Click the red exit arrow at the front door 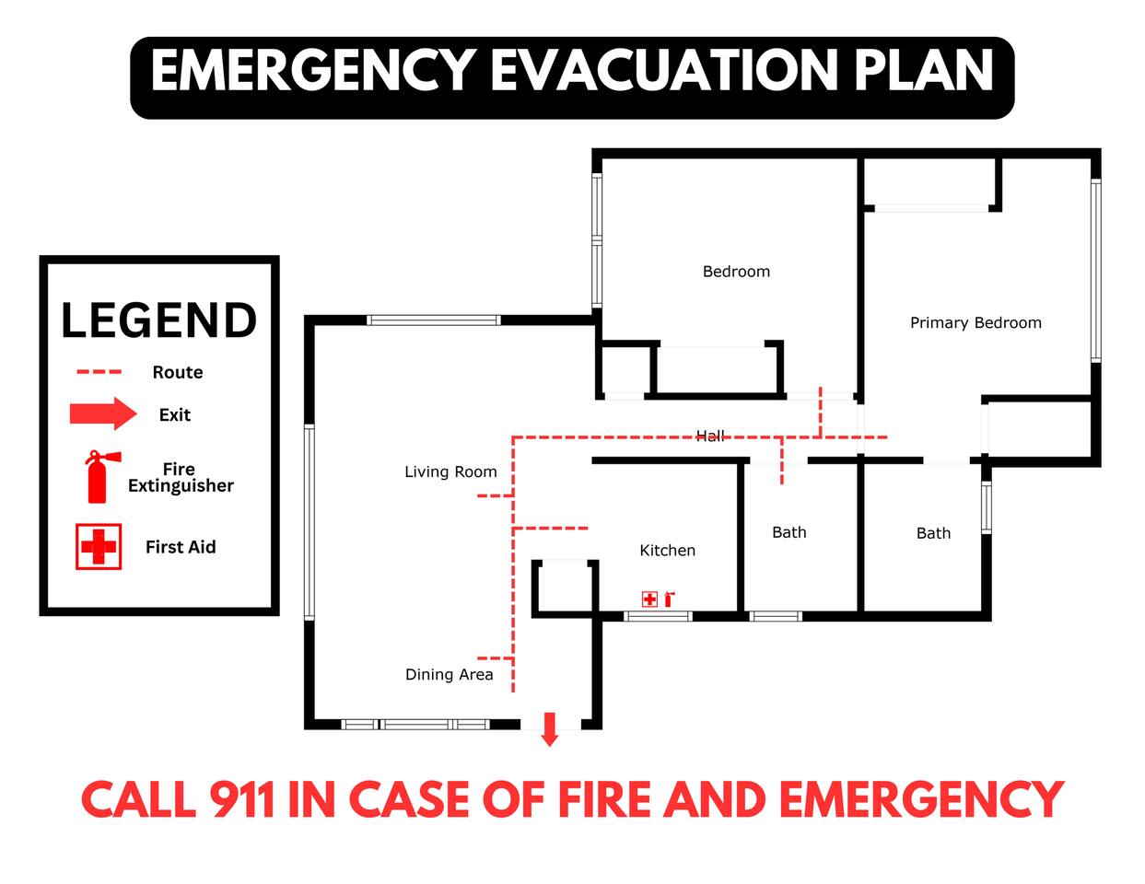(x=550, y=729)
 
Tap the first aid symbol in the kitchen (x=649, y=599)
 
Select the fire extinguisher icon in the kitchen (x=669, y=599)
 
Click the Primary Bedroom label (x=976, y=322)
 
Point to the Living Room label (x=450, y=471)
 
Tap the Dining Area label (x=449, y=674)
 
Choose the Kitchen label (x=667, y=551)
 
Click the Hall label (x=710, y=436)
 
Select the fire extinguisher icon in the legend (x=102, y=476)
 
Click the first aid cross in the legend (x=99, y=546)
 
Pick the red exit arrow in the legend (x=103, y=413)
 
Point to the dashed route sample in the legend (x=99, y=372)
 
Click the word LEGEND (x=158, y=320)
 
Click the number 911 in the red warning (x=242, y=800)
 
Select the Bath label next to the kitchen (x=789, y=532)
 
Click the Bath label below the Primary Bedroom (x=933, y=533)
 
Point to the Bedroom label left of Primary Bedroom (x=736, y=272)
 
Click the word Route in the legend (x=178, y=372)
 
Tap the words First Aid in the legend (x=181, y=547)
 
